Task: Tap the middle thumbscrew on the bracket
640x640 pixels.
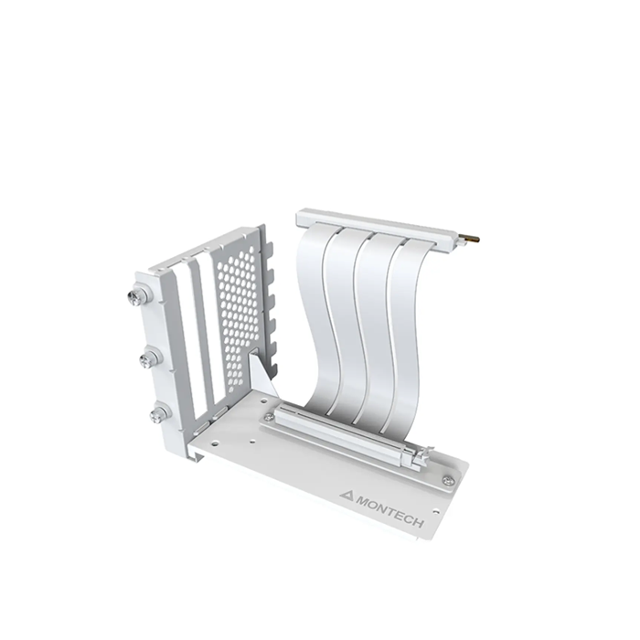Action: pos(147,359)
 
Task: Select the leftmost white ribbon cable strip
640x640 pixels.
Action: pos(317,318)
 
